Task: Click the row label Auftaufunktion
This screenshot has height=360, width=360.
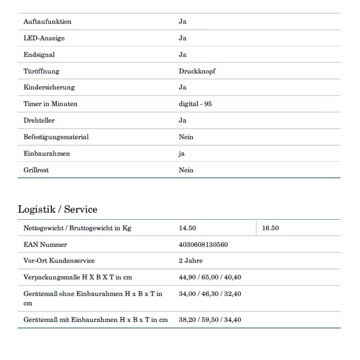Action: tap(47, 22)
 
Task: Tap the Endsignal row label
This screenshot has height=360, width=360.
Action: tap(39, 55)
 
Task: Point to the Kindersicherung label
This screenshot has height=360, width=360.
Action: tap(49, 87)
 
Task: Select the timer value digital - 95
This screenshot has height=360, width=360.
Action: tap(195, 104)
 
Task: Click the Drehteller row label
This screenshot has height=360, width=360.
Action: tap(39, 120)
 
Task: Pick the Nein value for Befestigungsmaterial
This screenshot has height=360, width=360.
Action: tap(186, 137)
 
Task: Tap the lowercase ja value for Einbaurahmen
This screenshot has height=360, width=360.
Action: tap(182, 153)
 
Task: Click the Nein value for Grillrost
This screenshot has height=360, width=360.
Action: tap(186, 170)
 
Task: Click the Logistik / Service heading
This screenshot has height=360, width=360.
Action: tap(57, 209)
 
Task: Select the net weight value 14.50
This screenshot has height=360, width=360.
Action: tap(187, 228)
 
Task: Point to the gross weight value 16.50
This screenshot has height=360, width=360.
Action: tap(271, 228)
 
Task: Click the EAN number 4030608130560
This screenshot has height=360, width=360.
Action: tap(203, 244)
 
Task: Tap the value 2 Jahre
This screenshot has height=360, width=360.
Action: tap(190, 261)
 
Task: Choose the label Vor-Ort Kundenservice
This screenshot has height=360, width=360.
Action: tap(59, 261)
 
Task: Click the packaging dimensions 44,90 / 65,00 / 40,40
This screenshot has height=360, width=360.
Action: tap(210, 277)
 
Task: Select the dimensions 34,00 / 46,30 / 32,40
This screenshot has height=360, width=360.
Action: tap(210, 294)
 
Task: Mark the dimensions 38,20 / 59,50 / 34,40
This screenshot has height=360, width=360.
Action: tap(210, 320)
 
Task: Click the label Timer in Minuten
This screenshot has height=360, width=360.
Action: tap(51, 104)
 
